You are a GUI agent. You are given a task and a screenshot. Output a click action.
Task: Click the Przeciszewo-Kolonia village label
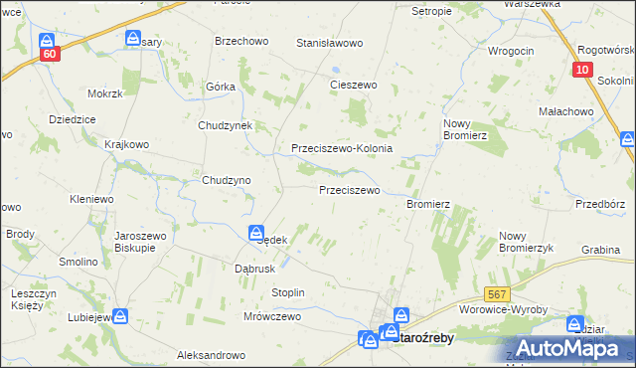coord(342,148)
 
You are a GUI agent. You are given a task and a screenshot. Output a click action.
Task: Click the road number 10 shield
coord(584,71)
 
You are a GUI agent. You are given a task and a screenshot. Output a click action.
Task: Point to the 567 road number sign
coord(499,294)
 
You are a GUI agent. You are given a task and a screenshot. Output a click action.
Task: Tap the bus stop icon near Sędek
coord(255,232)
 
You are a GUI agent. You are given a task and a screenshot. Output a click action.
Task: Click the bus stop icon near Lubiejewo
coord(120,316)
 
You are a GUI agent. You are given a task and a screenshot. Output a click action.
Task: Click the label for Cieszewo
coord(354,86)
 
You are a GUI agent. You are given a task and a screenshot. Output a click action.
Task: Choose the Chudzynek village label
coord(227,126)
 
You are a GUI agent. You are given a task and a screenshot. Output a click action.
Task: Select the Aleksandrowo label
coord(211,355)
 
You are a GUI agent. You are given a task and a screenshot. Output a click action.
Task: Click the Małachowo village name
coord(562,112)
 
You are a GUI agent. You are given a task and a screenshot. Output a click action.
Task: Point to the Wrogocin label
coord(511,50)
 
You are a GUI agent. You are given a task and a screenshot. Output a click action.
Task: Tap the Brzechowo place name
coord(240,42)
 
